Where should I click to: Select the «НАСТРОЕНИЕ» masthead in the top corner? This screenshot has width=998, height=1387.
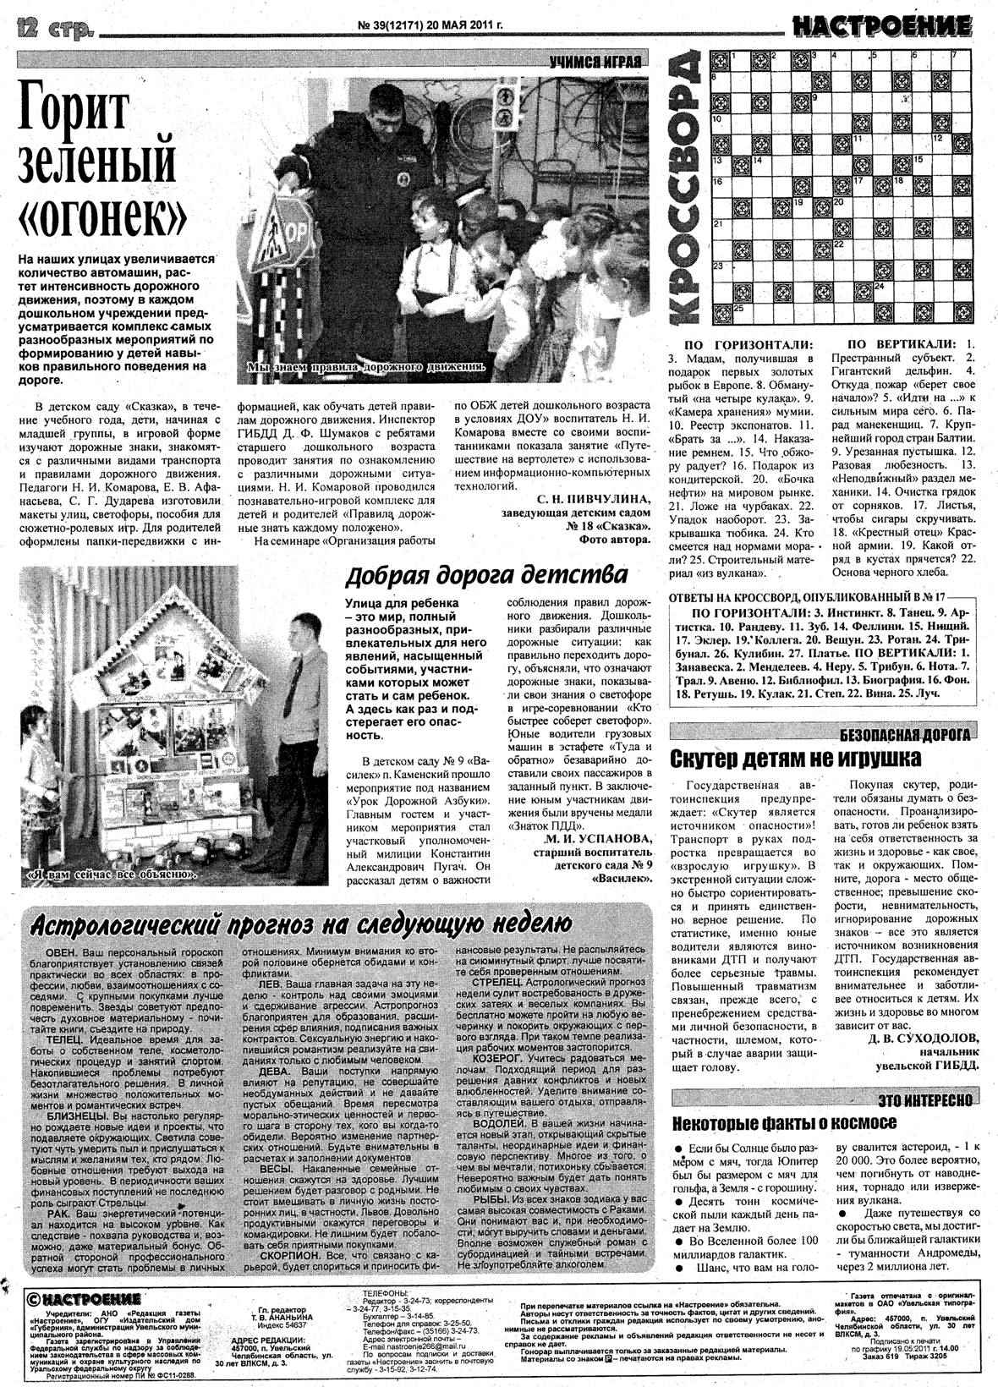pos(881,27)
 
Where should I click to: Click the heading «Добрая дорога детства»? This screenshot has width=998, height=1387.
pos(486,575)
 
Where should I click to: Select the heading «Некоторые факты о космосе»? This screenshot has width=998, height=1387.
pos(784,1122)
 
